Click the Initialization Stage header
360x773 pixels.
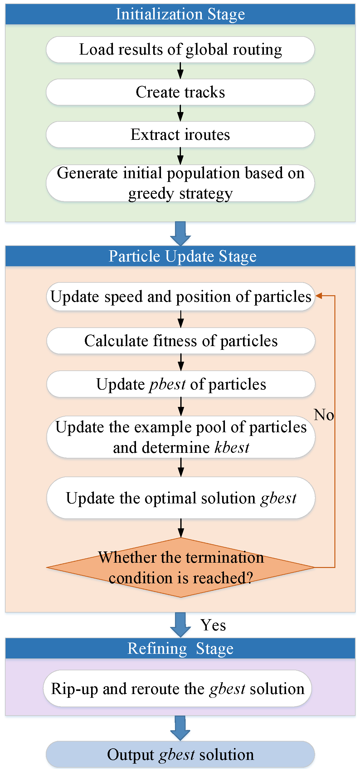(x=180, y=14)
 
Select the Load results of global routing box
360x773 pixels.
(x=180, y=49)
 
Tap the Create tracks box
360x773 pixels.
(x=180, y=92)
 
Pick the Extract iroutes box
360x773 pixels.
(x=180, y=135)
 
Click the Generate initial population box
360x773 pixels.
(x=180, y=183)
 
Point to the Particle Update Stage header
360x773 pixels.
(x=180, y=256)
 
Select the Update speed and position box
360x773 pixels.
(x=181, y=296)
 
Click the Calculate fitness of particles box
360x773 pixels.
(x=181, y=341)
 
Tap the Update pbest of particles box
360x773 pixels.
(x=181, y=384)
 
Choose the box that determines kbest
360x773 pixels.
(x=181, y=437)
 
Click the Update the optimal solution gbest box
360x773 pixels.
(x=181, y=498)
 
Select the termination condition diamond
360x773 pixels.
(x=181, y=567)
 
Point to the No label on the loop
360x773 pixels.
(x=324, y=415)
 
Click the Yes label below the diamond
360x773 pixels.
(x=213, y=625)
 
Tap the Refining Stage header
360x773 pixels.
(x=180, y=648)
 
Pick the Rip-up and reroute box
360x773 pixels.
(x=178, y=688)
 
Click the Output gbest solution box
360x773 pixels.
(x=180, y=755)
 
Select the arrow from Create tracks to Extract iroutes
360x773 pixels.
(x=180, y=113)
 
